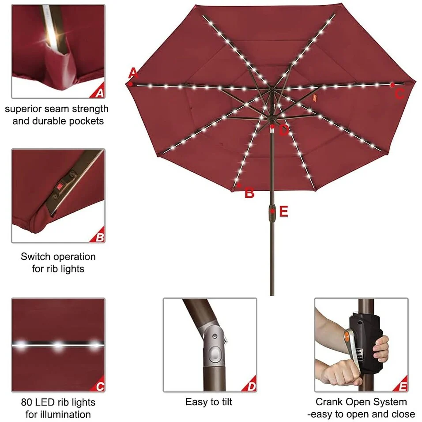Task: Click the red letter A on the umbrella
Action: (x=133, y=73)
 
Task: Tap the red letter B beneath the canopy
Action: (x=249, y=193)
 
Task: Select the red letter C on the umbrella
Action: (x=399, y=94)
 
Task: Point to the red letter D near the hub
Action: (x=284, y=131)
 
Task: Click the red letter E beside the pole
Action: (x=284, y=211)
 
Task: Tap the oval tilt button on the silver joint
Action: (x=215, y=356)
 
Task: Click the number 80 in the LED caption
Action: (x=26, y=402)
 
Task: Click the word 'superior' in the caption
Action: (x=23, y=109)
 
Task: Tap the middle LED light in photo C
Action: (x=57, y=345)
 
